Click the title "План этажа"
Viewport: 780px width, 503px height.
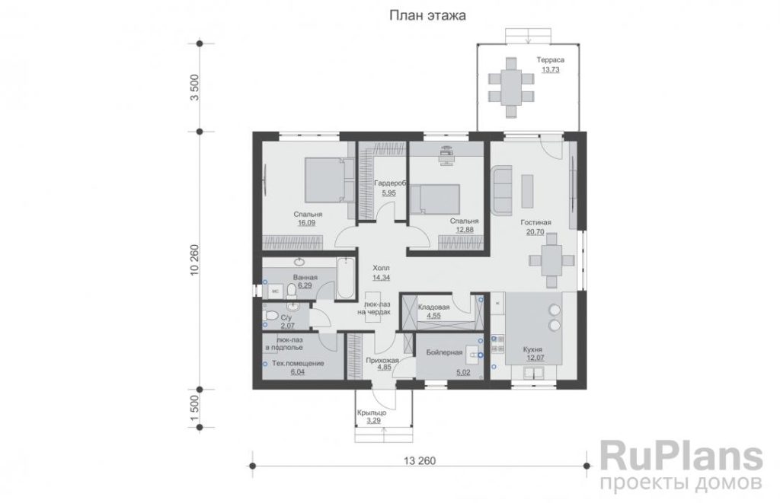pyautogui.click(x=427, y=16)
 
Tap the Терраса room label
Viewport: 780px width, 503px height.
pyautogui.click(x=550, y=60)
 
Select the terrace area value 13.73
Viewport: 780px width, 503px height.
pyautogui.click(x=550, y=70)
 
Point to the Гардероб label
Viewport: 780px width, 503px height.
pyautogui.click(x=390, y=183)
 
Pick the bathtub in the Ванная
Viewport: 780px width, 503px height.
pyautogui.click(x=346, y=278)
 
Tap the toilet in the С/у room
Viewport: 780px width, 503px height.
pyautogui.click(x=271, y=315)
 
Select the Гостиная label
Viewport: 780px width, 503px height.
pyautogui.click(x=535, y=223)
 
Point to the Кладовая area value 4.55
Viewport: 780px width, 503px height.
pyautogui.click(x=433, y=316)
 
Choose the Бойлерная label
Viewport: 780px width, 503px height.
pyautogui.click(x=444, y=352)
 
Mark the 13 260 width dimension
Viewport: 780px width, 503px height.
pyautogui.click(x=420, y=461)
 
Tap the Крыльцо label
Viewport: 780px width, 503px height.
pyautogui.click(x=371, y=412)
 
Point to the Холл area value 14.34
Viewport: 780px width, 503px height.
pyautogui.click(x=381, y=278)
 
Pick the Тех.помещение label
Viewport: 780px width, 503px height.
pyautogui.click(x=298, y=363)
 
